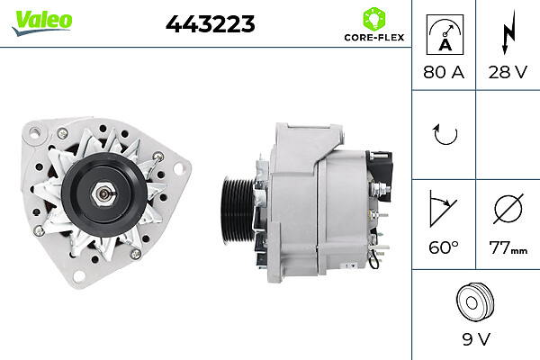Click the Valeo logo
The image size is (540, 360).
click(x=42, y=22)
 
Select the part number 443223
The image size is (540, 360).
click(x=210, y=24)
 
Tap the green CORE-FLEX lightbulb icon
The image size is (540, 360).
click(x=374, y=19)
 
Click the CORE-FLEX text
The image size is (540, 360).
click(x=374, y=37)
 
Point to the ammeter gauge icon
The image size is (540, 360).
click(x=445, y=34)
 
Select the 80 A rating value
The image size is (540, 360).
click(x=444, y=72)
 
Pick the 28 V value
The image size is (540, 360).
click(x=508, y=72)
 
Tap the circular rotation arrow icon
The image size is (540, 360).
click(x=445, y=134)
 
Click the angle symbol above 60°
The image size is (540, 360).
click(x=443, y=209)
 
